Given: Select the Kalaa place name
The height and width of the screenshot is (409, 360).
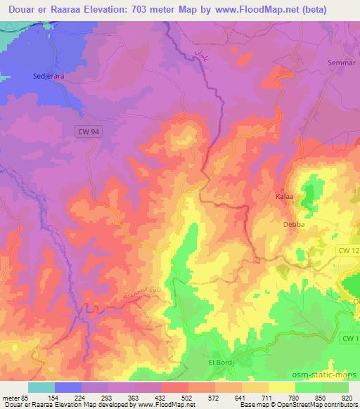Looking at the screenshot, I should click(x=283, y=197).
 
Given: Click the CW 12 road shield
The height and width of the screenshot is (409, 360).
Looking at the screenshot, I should click(x=347, y=250).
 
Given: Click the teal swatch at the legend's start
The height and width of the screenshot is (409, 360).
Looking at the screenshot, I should click(x=41, y=387).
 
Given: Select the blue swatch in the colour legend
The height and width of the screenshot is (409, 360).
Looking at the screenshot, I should click(x=68, y=387).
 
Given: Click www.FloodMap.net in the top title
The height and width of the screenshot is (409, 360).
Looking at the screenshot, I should click(x=266, y=9).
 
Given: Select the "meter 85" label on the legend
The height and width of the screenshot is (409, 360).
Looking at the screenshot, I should click(x=14, y=396).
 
